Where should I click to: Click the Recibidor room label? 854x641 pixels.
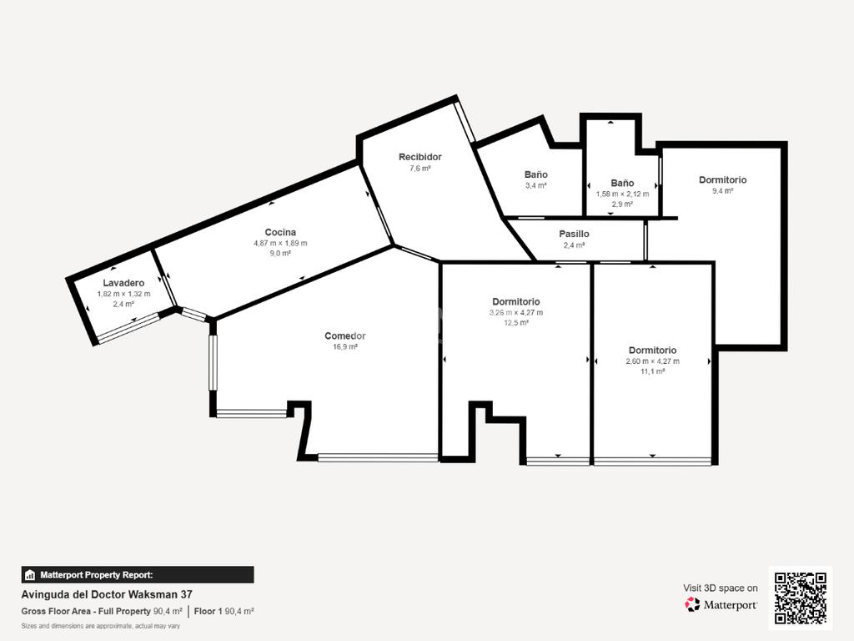point(420,157)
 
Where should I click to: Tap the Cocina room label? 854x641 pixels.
point(280,232)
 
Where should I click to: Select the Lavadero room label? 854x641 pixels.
point(123,283)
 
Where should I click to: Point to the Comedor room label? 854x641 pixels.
point(344,336)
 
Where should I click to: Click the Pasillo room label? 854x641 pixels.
point(574,234)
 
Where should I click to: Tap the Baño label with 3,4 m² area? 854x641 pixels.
point(536,174)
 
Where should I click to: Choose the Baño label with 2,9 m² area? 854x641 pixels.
point(622,183)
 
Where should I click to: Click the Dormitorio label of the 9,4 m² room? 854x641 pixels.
point(723,180)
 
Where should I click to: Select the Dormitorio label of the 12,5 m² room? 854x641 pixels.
point(515,301)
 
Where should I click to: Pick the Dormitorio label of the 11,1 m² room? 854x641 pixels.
point(652,350)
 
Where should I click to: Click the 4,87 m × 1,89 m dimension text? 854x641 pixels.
point(280,243)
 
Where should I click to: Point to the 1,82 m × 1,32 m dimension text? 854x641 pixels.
point(123,294)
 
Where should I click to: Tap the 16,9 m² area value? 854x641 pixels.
point(345,346)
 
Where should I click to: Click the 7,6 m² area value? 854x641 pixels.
point(420,169)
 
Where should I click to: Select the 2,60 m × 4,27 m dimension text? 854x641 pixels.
point(652,361)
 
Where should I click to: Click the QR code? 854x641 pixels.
point(801,598)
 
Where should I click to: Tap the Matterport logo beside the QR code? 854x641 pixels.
point(721,604)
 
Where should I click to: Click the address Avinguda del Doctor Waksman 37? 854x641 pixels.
point(107,594)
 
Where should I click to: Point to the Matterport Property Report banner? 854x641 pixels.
point(138,575)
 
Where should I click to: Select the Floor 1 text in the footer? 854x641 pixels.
point(208,612)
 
